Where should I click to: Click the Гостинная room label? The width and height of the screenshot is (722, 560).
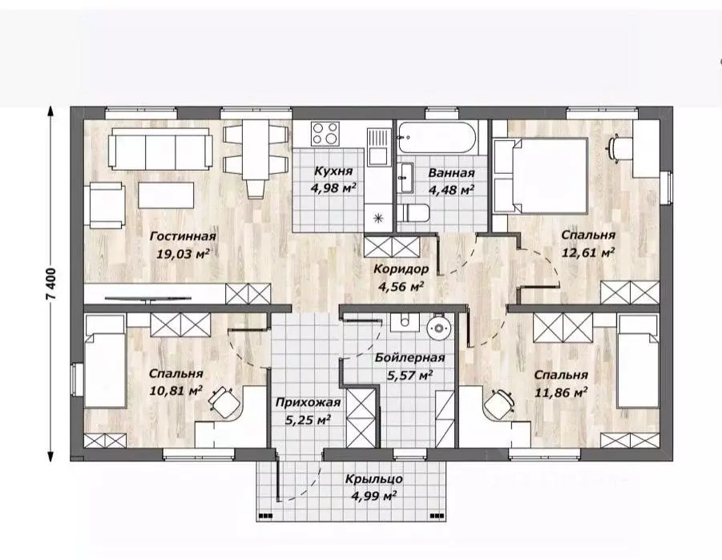tap(183, 236)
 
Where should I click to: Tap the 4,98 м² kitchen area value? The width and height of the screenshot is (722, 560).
tap(333, 188)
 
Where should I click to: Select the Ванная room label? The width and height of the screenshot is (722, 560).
tap(451, 173)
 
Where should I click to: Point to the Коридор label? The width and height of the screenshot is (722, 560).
tap(401, 269)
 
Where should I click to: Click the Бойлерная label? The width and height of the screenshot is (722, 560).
tap(409, 358)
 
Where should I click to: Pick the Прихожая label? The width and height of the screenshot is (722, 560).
tap(308, 402)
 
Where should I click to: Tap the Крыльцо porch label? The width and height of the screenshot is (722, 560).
tap(374, 479)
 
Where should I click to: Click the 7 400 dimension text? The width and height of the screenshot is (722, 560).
tap(50, 284)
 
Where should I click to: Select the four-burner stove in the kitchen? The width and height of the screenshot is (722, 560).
tap(325, 134)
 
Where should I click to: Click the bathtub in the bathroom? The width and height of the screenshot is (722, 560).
tap(437, 137)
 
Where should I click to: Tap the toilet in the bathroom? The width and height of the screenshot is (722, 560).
tap(413, 213)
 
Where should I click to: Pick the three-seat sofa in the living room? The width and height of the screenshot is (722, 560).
tap(160, 149)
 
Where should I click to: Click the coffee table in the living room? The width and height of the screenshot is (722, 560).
tap(166, 195)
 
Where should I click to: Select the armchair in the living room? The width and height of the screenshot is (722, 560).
tap(105, 205)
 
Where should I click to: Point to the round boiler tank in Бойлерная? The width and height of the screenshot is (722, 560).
tap(439, 328)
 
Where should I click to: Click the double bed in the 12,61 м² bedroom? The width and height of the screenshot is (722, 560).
tap(540, 176)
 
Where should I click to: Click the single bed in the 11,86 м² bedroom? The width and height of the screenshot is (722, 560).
tap(638, 361)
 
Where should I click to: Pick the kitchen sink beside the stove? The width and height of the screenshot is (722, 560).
tap(378, 146)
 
